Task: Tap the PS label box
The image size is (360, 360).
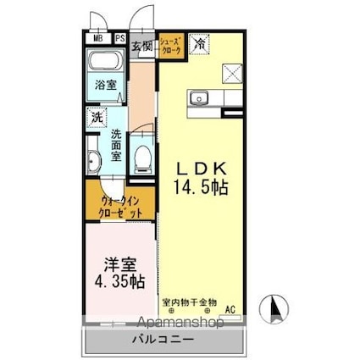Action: tap(119, 38)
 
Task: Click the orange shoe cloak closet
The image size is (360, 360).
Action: tap(170, 43)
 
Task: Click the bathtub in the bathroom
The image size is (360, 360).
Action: tap(108, 62)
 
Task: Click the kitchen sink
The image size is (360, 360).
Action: tap(200, 96)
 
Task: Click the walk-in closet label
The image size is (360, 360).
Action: tap(119, 208)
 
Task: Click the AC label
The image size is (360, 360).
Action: tap(230, 310)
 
